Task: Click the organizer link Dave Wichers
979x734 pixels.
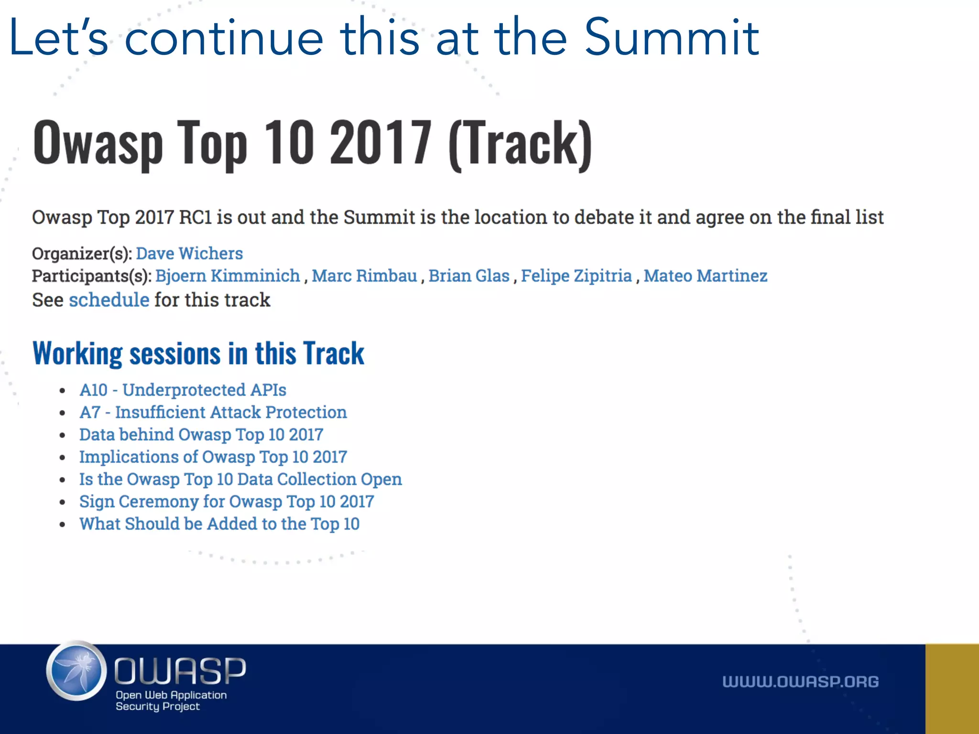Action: [189, 253]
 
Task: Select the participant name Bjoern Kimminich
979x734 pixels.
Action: [228, 276]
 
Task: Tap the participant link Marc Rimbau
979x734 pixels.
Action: [364, 276]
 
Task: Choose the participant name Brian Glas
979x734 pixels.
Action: [469, 276]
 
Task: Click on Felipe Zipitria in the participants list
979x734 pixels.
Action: [576, 276]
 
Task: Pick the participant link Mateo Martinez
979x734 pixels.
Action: [705, 276]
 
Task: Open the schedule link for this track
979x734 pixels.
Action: [109, 300]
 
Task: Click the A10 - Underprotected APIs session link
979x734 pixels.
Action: [183, 390]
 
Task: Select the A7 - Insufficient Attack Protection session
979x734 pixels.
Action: [213, 412]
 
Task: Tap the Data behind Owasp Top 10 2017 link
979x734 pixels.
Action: [201, 434]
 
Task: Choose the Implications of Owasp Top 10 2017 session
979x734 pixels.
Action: [213, 457]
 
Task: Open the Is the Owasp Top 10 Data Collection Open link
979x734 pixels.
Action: [240, 479]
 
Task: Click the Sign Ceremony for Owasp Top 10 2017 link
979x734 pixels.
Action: [226, 501]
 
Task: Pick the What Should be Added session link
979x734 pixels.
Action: [219, 524]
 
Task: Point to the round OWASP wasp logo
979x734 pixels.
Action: [76, 671]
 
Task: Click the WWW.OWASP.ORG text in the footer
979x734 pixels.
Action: [800, 681]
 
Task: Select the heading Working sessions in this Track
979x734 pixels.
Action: [198, 354]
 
